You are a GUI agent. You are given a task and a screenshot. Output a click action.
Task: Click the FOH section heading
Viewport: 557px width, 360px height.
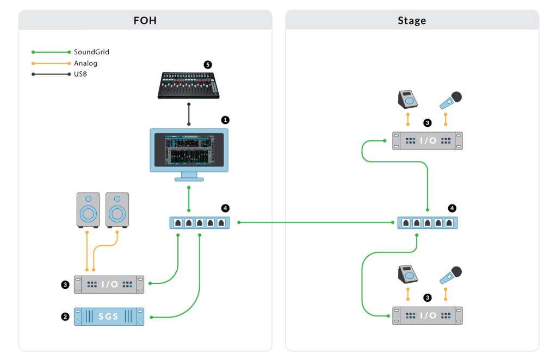click(x=145, y=21)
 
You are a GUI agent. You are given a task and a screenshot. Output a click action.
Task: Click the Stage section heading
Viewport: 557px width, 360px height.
click(x=412, y=21)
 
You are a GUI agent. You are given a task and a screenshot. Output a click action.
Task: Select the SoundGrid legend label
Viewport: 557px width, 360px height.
click(x=91, y=52)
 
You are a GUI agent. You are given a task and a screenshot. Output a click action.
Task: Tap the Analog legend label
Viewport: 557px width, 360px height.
click(x=86, y=63)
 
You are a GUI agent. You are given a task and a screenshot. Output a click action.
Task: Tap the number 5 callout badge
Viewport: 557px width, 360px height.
click(x=207, y=64)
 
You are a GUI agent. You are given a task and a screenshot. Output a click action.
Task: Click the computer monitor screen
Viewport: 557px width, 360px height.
click(x=188, y=150)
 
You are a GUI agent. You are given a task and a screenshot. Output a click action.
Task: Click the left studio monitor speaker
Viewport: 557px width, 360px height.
click(x=88, y=209)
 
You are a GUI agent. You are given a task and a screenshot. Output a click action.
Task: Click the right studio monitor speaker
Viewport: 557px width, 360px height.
click(x=117, y=209)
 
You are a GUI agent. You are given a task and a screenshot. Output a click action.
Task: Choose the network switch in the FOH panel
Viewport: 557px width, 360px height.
click(x=200, y=222)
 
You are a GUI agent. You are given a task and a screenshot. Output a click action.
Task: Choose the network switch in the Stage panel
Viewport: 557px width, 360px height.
click(x=427, y=222)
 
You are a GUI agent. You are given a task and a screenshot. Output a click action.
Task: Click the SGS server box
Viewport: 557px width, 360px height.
click(x=109, y=316)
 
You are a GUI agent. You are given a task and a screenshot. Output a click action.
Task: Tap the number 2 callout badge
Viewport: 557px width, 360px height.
click(x=65, y=316)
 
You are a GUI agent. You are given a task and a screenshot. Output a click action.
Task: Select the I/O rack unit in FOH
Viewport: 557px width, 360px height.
click(x=109, y=284)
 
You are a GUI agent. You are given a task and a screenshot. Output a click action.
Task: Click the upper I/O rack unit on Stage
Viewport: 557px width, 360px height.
click(x=427, y=141)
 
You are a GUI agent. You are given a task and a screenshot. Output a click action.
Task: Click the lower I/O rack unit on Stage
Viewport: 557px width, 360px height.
click(x=427, y=315)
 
